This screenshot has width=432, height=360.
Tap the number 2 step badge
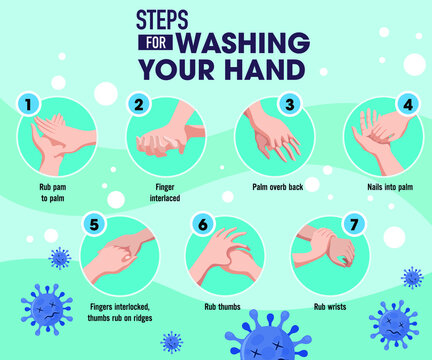(x=139, y=104)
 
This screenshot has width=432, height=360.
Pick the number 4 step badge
(x=406, y=104)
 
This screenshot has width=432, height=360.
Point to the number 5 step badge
(x=93, y=224)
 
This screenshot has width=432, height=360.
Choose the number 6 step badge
(x=202, y=224)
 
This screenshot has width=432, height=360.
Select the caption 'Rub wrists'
(x=329, y=306)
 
